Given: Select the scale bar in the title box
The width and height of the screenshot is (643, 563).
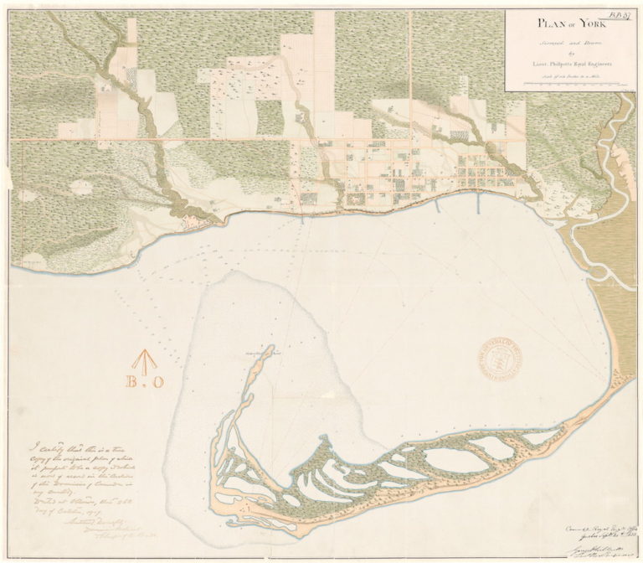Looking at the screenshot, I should click(x=569, y=84).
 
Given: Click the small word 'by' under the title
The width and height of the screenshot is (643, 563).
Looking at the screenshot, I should click(x=568, y=51).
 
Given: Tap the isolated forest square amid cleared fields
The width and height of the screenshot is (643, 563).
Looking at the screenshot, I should click(x=269, y=118).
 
